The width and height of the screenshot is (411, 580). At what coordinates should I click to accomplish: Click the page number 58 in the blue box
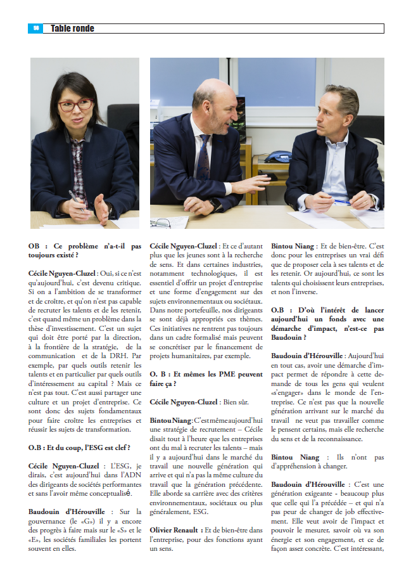(36, 29)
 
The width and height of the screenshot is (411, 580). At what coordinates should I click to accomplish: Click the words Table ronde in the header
(72, 29)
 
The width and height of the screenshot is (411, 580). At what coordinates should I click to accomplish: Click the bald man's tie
(203, 158)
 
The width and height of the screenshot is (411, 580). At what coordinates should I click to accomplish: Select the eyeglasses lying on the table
(161, 222)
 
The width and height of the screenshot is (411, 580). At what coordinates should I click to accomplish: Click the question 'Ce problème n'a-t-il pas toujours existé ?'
(84, 250)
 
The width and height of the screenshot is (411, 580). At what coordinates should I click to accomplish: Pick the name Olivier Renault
(175, 529)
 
